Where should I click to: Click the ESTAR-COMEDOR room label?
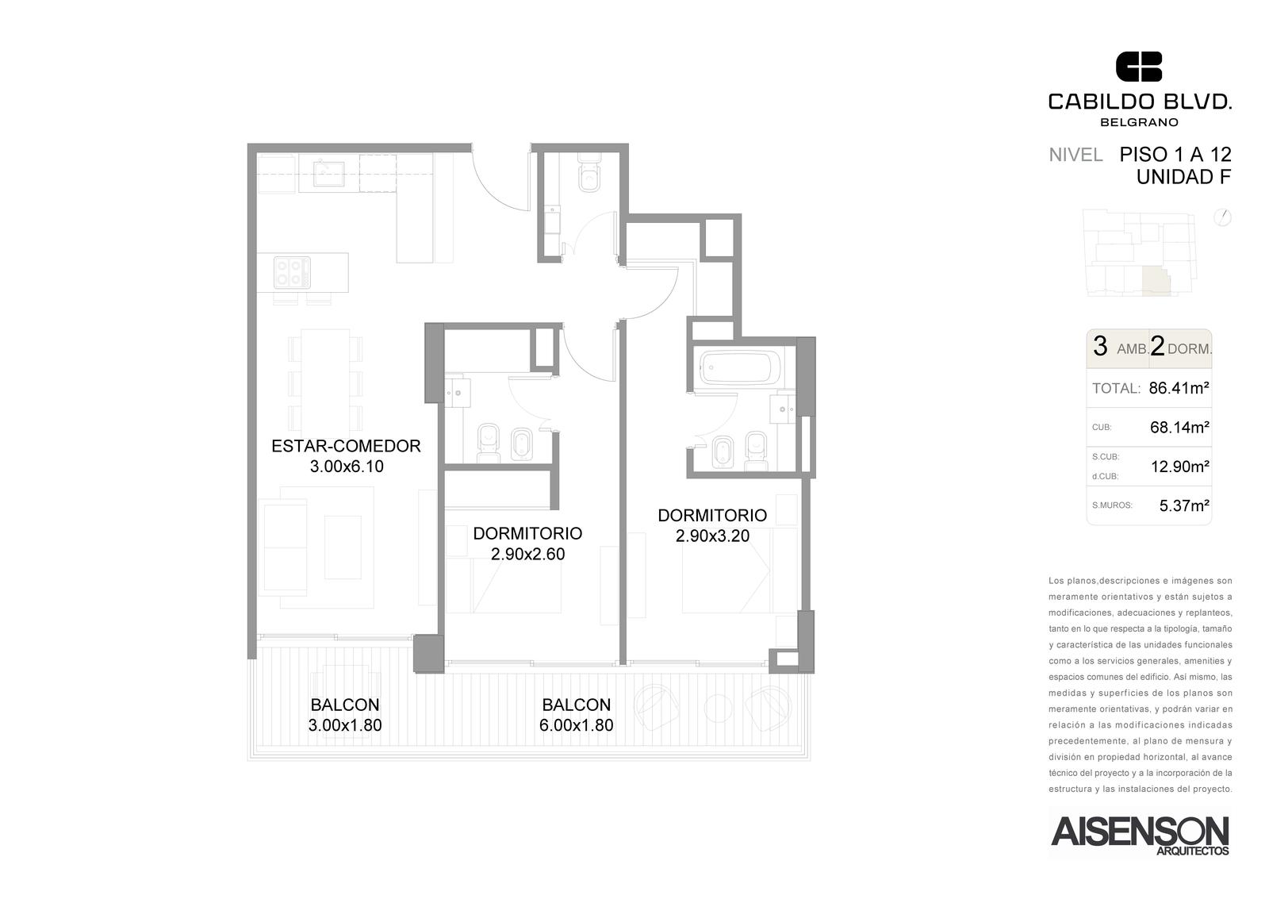coord(346,446)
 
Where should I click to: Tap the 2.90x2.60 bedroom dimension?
coord(527,554)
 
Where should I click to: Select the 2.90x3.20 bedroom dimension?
coord(712,536)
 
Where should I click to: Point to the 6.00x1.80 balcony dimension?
coord(576,725)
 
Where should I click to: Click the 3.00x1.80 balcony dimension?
coord(345,725)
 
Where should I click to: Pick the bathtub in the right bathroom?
coord(739,367)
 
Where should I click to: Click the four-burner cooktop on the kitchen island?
coord(292,273)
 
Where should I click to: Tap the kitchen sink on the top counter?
coord(328,174)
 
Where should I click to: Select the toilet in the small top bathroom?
coord(589,175)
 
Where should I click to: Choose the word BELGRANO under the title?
coord(1138,122)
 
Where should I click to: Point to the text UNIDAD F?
coord(1183,178)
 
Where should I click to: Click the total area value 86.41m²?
coord(1179,388)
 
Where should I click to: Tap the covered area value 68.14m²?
coord(1179,428)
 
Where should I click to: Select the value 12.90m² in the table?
coord(1180,467)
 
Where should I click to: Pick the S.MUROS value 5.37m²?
coord(1184,505)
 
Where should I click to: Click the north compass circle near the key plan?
coord(1222,217)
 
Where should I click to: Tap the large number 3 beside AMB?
coord(1100,346)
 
